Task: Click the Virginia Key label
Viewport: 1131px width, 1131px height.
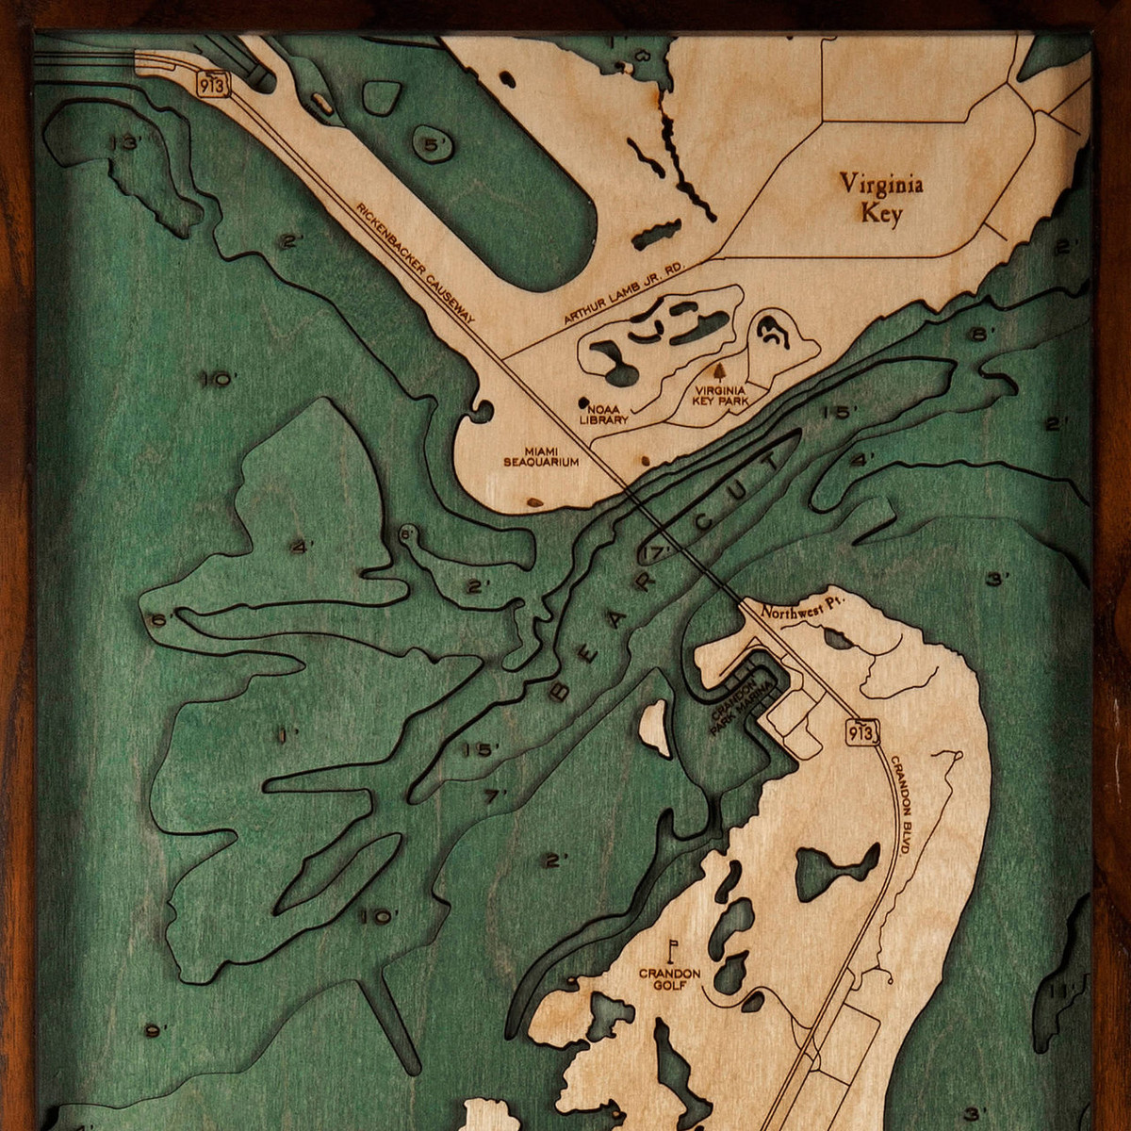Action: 881,198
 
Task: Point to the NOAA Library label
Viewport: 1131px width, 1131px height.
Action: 603,416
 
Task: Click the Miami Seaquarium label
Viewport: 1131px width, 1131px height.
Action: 540,457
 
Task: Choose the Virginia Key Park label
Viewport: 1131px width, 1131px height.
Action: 722,395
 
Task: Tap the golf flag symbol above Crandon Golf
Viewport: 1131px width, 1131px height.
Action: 673,946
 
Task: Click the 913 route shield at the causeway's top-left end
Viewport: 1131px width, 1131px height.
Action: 212,83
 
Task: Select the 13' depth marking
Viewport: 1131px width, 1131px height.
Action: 123,143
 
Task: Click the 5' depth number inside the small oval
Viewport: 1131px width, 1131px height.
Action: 434,144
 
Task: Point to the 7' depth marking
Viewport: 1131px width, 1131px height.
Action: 494,796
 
